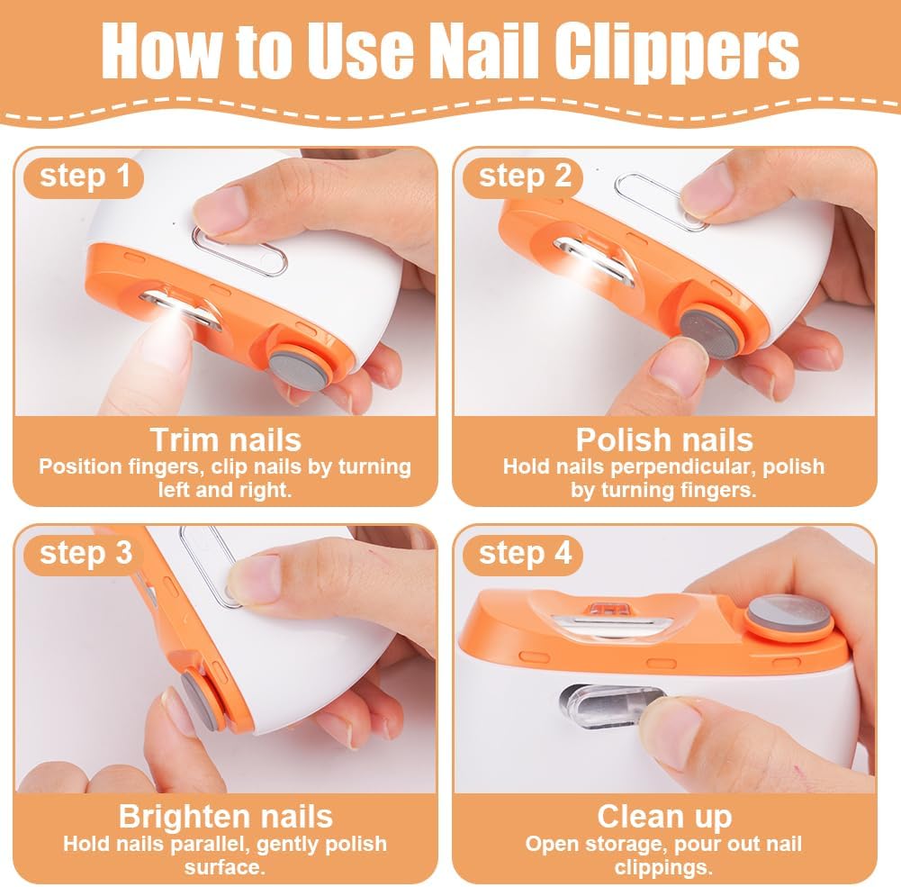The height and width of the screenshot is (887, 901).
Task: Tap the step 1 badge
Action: (84, 176)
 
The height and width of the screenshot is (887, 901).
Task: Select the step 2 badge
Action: (524, 176)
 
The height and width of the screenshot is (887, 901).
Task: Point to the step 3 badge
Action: (85, 554)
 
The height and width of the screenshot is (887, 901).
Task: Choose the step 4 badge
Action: (524, 554)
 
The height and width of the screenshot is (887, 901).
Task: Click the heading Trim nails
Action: (225, 439)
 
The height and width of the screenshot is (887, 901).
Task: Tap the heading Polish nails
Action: (664, 439)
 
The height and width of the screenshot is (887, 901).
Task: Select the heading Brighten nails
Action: (225, 816)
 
